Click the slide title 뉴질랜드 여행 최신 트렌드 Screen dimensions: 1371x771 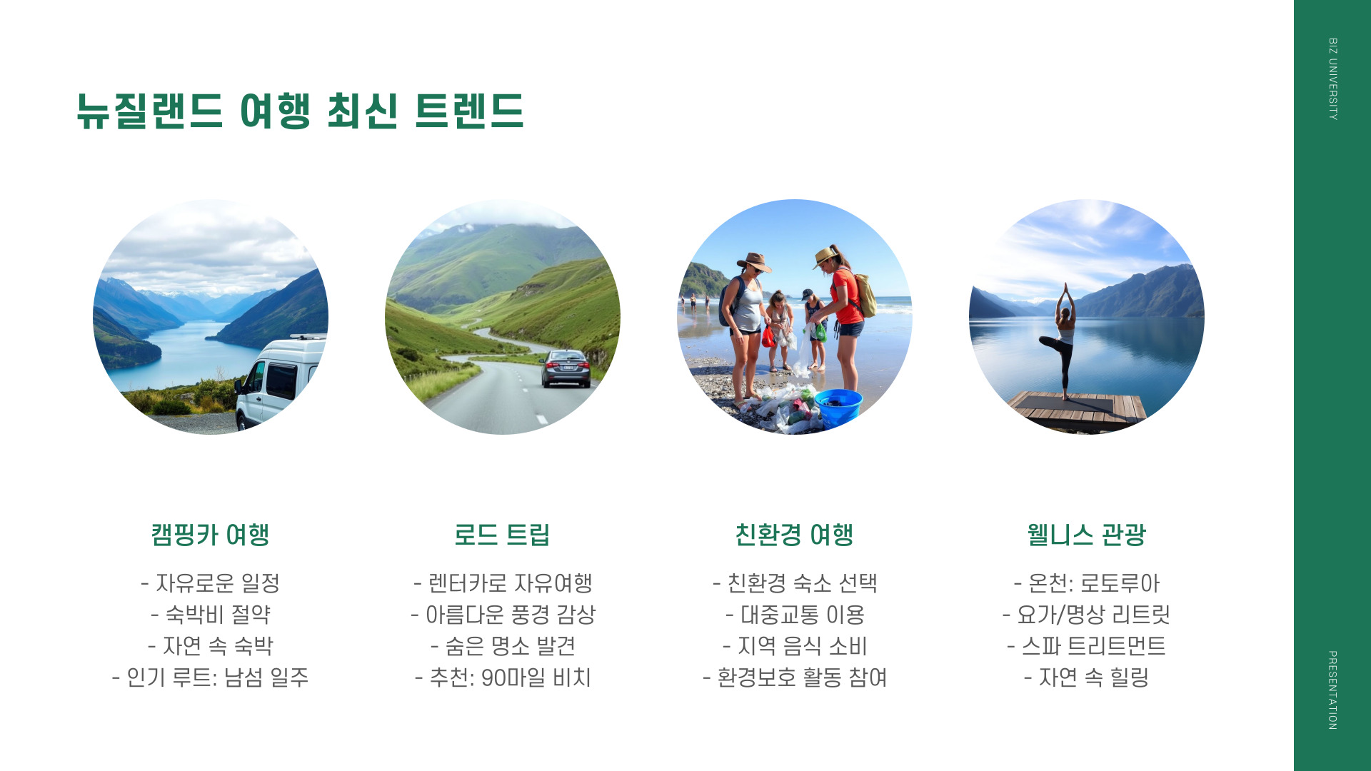click(300, 111)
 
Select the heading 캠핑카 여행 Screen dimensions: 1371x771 click(210, 535)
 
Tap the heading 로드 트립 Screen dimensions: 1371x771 click(502, 535)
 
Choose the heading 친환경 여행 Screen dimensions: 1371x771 click(794, 535)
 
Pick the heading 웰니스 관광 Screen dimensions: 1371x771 click(1086, 535)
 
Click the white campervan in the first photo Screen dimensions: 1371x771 click(280, 382)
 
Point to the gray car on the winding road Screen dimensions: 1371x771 click(566, 368)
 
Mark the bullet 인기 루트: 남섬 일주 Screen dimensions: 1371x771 click(210, 677)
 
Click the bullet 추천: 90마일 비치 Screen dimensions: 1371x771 click(503, 677)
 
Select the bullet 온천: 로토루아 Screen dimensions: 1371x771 click(1086, 583)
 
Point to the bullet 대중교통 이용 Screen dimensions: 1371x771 click(795, 615)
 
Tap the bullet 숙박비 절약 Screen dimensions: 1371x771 click(210, 615)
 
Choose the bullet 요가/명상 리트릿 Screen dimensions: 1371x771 click(1086, 615)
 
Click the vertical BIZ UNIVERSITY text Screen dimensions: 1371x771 click(1332, 79)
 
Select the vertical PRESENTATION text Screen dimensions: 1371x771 click(1332, 690)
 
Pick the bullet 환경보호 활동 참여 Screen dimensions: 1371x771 click(795, 677)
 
